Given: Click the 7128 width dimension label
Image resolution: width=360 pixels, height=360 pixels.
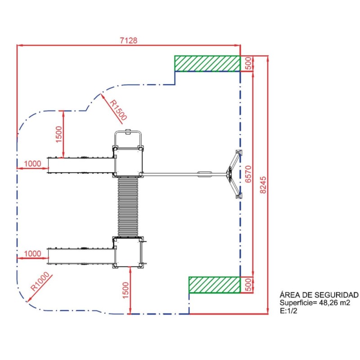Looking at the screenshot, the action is click(129, 40).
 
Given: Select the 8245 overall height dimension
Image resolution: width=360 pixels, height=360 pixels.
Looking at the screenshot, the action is click(263, 185).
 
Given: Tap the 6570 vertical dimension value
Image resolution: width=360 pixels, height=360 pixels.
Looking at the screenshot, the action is click(248, 174).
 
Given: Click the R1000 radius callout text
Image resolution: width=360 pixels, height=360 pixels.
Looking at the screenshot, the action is click(40, 282).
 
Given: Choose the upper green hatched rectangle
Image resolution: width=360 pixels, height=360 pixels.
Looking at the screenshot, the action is click(207, 63).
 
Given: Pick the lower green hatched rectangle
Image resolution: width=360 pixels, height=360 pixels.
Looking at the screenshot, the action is click(215, 285).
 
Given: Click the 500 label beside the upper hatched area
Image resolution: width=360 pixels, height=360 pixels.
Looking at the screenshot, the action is click(248, 63).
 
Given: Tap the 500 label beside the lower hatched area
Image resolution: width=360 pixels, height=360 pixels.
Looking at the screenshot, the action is click(248, 285).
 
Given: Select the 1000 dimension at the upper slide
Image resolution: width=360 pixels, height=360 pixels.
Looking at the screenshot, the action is click(32, 164).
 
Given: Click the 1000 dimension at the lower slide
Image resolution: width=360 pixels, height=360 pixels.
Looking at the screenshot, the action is click(32, 254).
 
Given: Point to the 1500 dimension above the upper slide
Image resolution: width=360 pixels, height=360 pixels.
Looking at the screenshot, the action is click(59, 134).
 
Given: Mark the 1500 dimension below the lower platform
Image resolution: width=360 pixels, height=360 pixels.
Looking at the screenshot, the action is click(126, 290).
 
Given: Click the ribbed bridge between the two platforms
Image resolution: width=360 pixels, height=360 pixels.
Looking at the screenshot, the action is click(128, 207).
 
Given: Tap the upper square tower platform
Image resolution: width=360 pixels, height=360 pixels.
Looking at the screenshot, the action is click(128, 162).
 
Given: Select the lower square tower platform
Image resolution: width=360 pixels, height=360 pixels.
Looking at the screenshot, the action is click(128, 252).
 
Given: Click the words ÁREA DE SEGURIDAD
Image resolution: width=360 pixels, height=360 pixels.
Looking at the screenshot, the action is click(319, 295).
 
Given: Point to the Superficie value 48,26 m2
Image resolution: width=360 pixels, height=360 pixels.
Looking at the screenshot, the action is click(335, 303).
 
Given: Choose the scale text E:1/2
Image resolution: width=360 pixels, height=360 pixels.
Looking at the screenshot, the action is click(288, 311).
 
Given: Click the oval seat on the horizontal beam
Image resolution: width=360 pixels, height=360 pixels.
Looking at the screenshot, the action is click(205, 174).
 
